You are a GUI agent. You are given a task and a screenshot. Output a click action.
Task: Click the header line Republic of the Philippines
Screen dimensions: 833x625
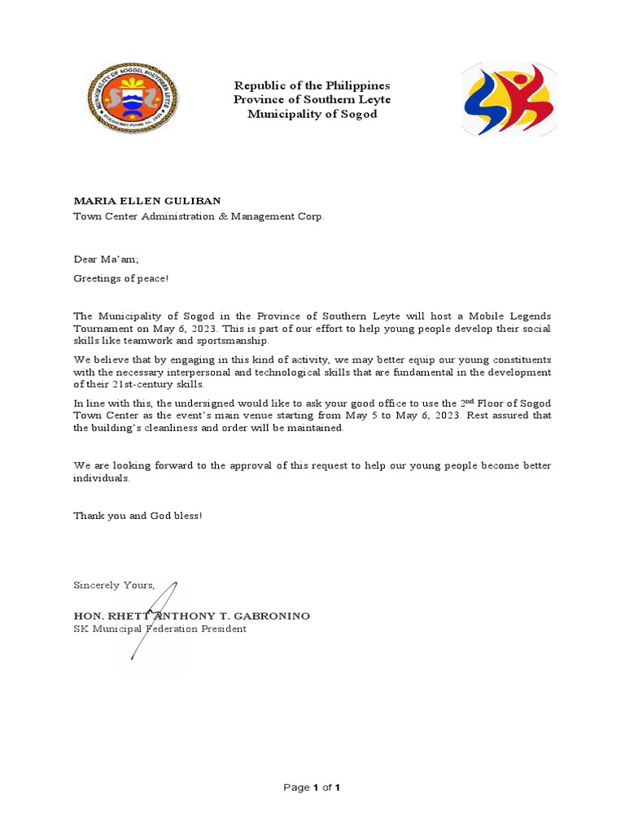[312, 85]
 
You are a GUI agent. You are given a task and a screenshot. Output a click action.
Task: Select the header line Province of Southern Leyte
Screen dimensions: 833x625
[312, 99]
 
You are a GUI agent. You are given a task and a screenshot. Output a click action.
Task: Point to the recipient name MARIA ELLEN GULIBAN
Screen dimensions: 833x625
[147, 201]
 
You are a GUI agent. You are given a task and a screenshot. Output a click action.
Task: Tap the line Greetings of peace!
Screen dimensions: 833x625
[121, 279]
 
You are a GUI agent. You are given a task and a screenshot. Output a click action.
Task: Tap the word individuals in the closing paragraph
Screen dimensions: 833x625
[101, 478]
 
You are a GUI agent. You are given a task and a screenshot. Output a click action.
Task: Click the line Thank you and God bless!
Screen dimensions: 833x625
[138, 516]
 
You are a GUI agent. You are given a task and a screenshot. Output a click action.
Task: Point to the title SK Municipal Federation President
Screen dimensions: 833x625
[160, 629]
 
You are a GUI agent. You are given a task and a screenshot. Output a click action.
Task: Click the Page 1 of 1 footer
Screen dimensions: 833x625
[312, 787]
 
